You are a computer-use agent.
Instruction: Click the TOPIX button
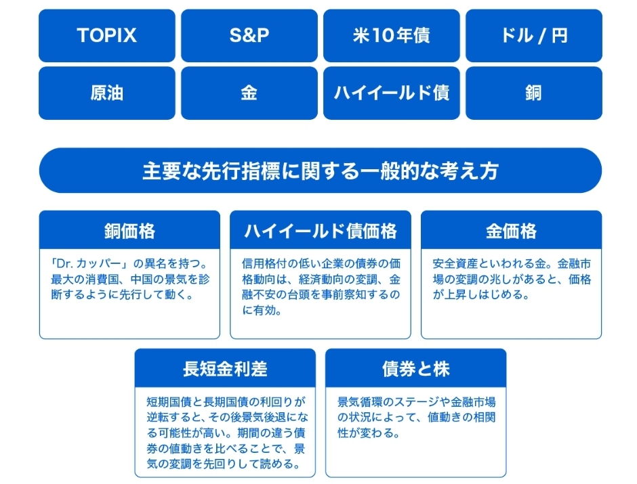107,36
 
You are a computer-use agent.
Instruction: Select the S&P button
249,36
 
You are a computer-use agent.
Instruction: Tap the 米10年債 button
392,36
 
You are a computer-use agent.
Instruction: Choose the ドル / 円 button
534,36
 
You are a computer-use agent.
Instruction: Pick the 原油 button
107,93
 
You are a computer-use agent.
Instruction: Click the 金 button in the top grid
249,93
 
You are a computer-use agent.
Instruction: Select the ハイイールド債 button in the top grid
392,93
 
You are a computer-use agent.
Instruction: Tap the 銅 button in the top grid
534,93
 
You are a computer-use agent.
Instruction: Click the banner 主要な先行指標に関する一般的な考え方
321,171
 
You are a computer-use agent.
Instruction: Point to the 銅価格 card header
129,230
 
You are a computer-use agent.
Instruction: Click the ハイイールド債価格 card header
321,230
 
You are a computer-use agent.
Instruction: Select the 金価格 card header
512,230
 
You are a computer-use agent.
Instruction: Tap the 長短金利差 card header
225,368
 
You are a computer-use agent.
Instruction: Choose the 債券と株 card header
416,368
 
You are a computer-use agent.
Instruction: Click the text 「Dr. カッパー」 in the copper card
90,264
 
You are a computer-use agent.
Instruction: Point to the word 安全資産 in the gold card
455,264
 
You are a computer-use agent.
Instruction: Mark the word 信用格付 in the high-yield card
264,264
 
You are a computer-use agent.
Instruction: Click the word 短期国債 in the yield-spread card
169,402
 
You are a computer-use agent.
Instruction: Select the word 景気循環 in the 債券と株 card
360,402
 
